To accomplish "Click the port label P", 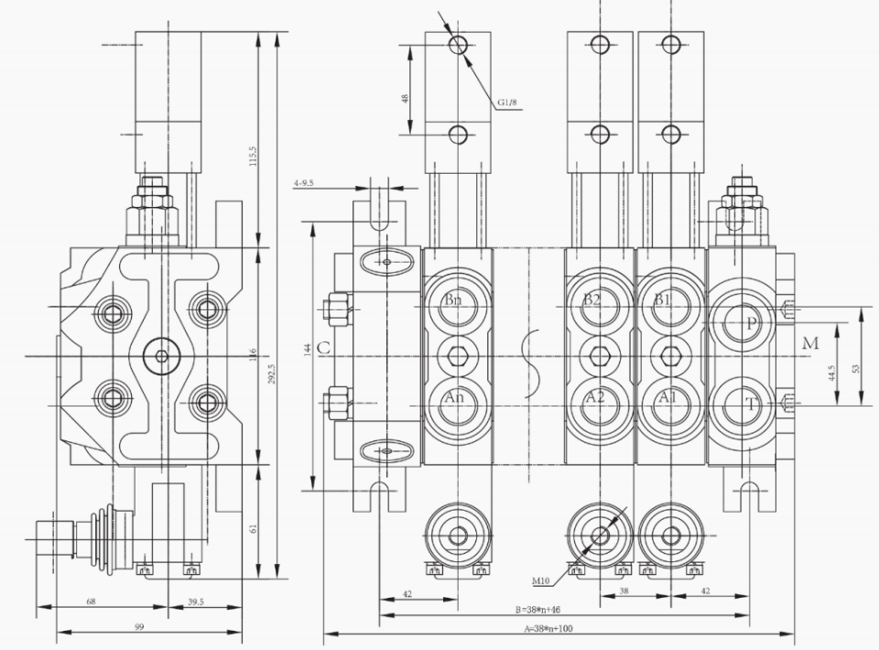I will tap(752, 323).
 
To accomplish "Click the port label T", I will tap(752, 404).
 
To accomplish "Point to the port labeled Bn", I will tap(453, 300).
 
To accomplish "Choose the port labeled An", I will tap(454, 398).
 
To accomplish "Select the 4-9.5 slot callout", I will tap(303, 183).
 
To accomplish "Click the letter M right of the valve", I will tap(808, 343).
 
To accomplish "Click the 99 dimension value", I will tap(139, 627).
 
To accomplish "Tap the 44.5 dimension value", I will tap(831, 374).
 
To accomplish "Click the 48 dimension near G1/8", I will tap(405, 99).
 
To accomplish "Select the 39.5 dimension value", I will tap(194, 602).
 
